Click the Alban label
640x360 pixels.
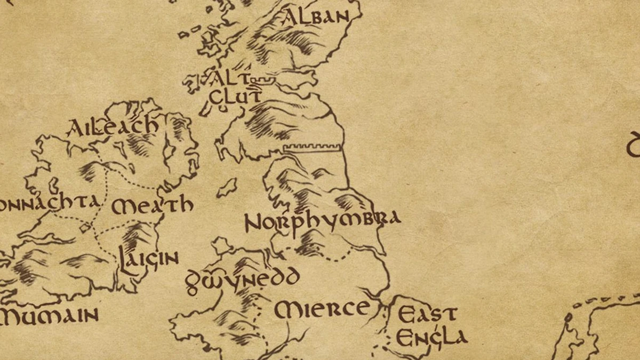(x=317, y=17)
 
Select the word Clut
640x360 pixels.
(x=235, y=97)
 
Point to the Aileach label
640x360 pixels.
(x=113, y=126)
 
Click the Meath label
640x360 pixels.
(x=152, y=205)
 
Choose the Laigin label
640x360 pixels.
(x=148, y=260)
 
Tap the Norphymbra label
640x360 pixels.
(x=322, y=220)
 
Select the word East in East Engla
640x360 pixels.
(x=427, y=314)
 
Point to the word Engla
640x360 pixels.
(x=431, y=337)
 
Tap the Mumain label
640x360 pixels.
(x=50, y=315)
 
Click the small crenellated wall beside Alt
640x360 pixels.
(x=265, y=80)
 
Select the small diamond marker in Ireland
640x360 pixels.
(x=85, y=228)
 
